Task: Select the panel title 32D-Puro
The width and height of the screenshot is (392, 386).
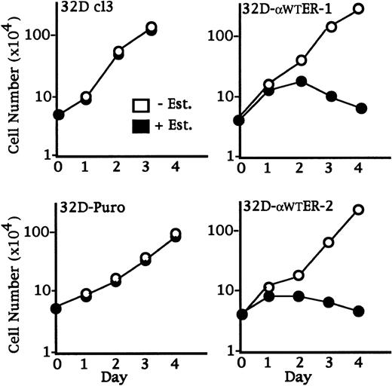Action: click(x=93, y=207)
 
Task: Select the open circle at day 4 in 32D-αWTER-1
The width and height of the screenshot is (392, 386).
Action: click(x=358, y=9)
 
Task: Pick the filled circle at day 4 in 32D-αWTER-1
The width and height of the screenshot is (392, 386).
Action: click(x=358, y=109)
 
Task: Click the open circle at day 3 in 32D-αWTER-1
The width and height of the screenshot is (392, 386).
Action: click(x=329, y=27)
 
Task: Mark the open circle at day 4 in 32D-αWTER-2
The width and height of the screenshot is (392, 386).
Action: click(x=358, y=210)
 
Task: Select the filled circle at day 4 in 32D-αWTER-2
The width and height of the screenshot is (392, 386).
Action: click(x=358, y=311)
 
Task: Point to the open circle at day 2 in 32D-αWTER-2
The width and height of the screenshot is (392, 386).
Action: click(x=300, y=275)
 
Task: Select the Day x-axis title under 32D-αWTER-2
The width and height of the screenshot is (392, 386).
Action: click(x=300, y=375)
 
